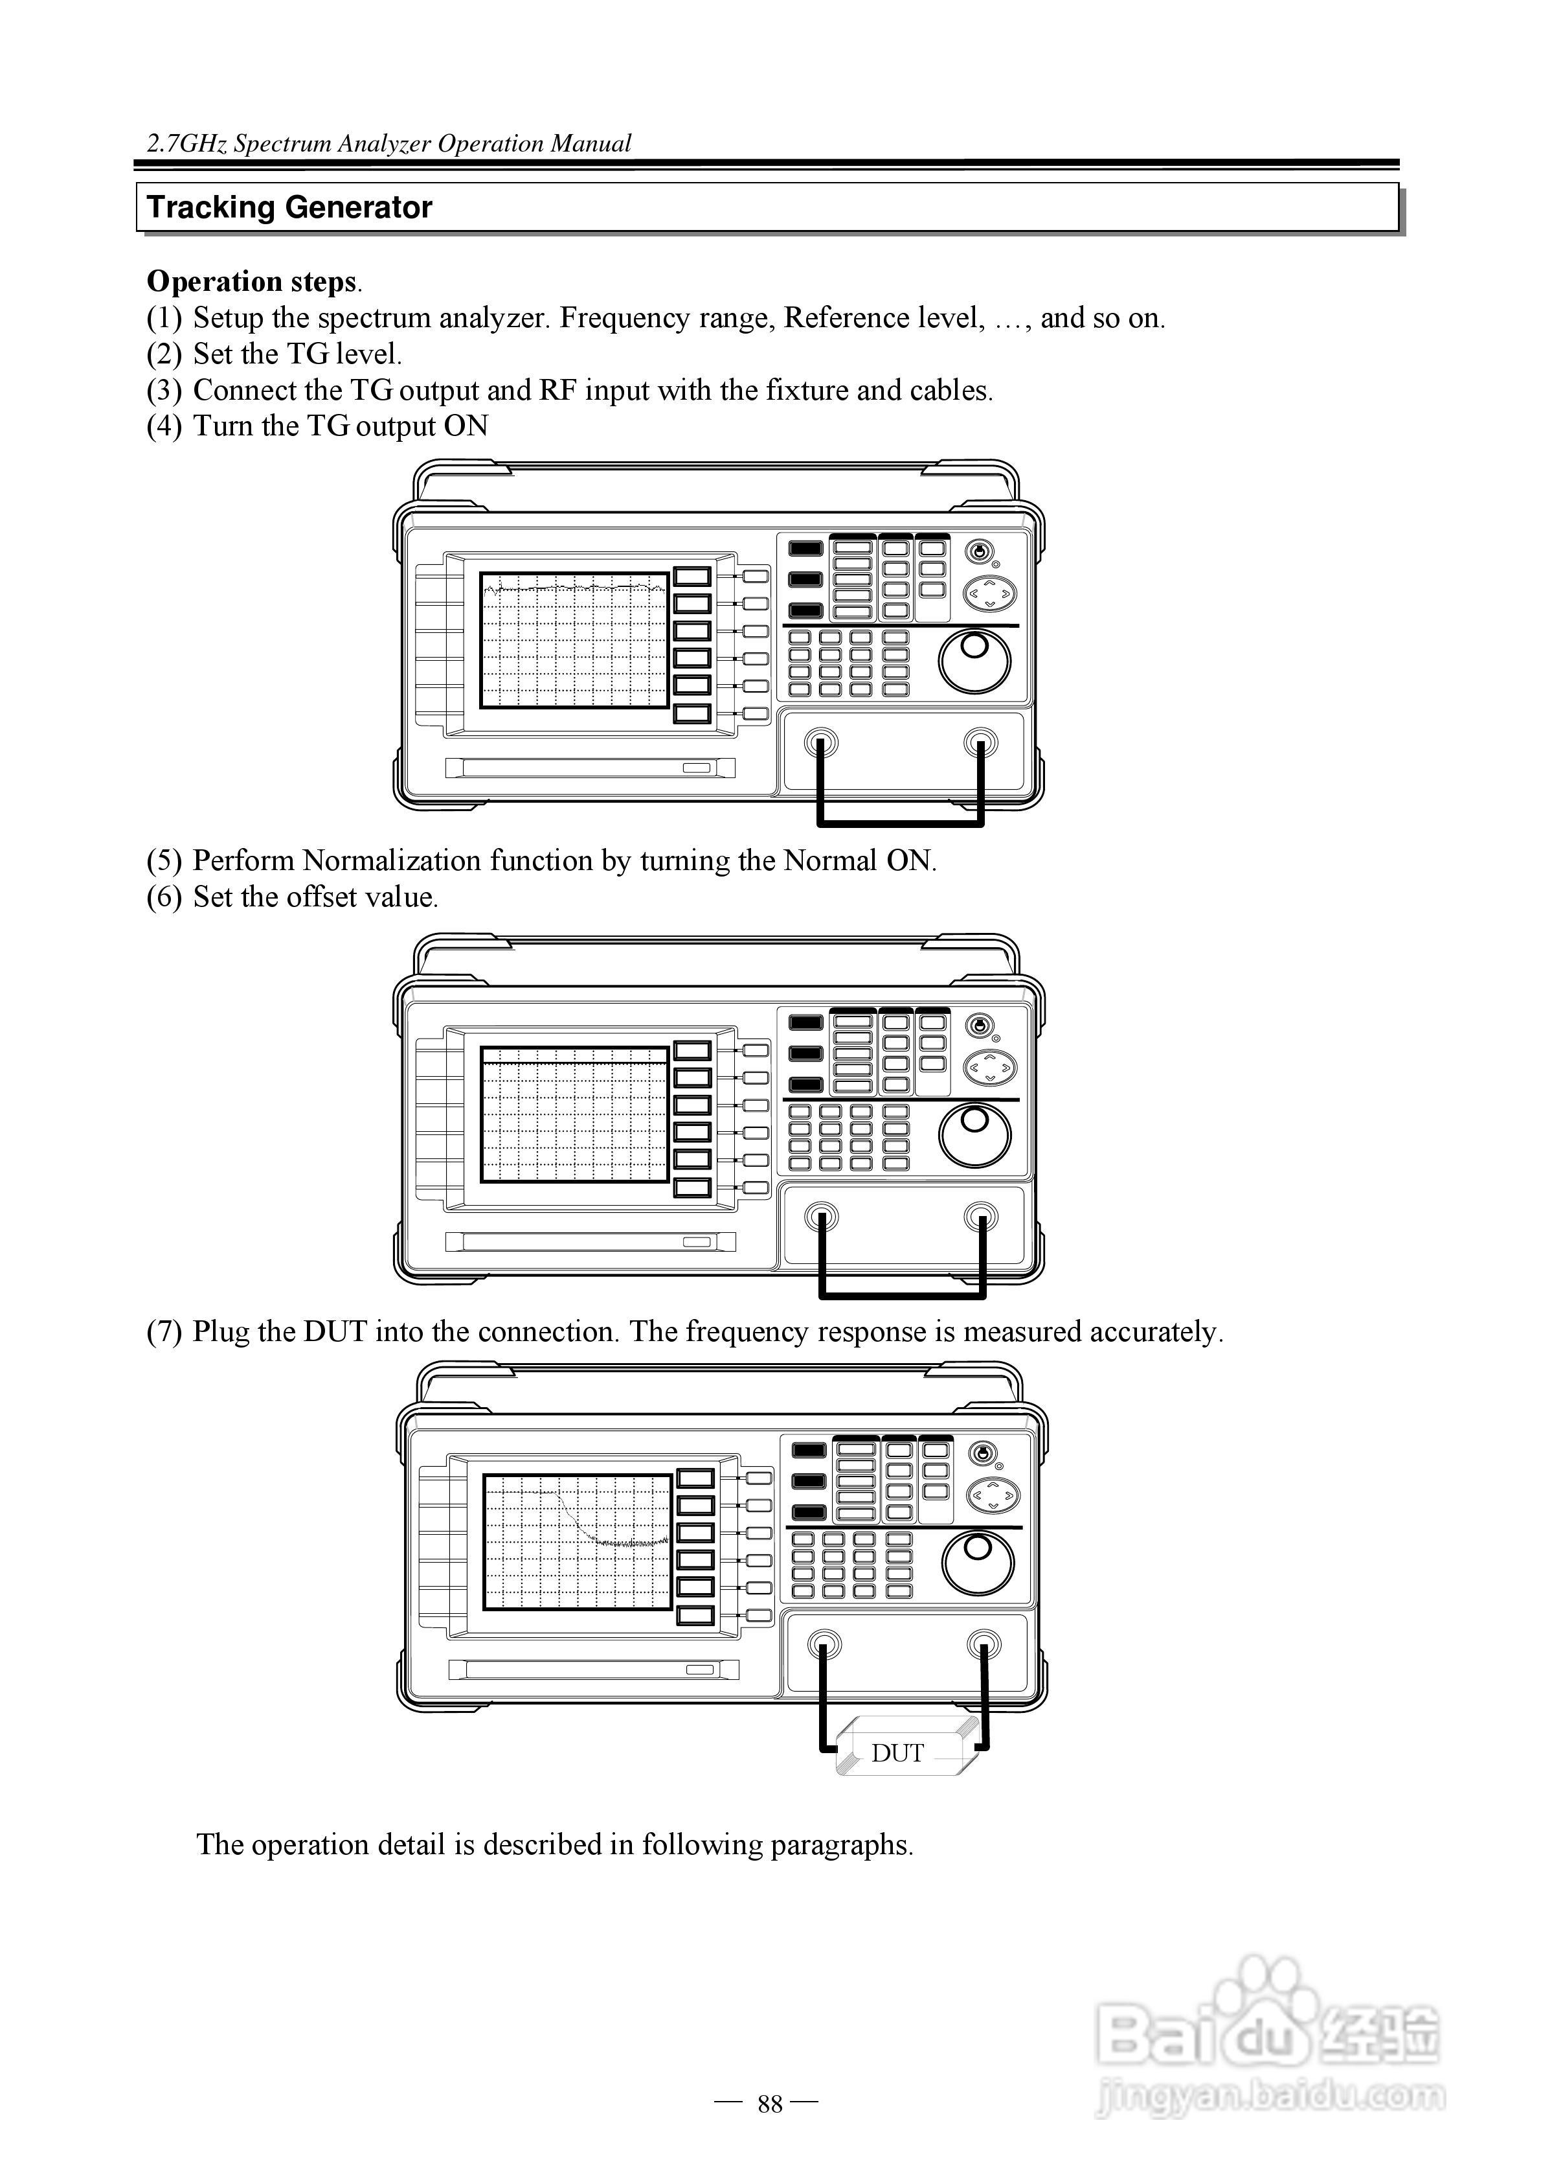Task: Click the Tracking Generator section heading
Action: pyautogui.click(x=290, y=207)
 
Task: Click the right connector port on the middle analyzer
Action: pyautogui.click(x=980, y=1217)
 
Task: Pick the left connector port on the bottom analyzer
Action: pyautogui.click(x=823, y=1644)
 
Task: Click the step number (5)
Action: pyautogui.click(x=163, y=861)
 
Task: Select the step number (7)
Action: pyautogui.click(x=163, y=1333)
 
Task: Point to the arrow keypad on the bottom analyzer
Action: pyautogui.click(x=992, y=1495)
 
